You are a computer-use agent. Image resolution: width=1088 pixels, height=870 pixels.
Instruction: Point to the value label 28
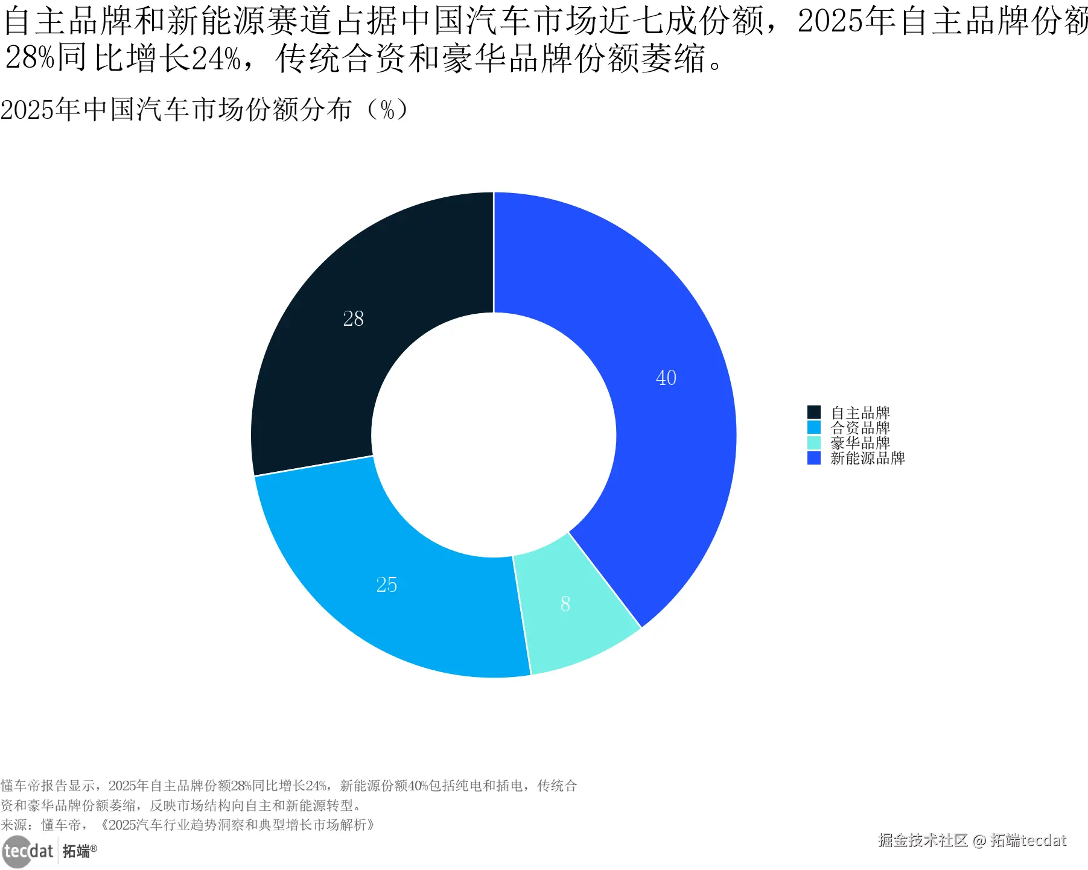[x=353, y=319]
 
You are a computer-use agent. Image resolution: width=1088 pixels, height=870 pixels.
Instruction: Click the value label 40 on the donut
[x=666, y=378]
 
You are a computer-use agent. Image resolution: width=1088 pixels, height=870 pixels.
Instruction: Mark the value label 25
[x=386, y=585]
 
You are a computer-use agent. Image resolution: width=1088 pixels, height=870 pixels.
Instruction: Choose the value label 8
[x=565, y=604]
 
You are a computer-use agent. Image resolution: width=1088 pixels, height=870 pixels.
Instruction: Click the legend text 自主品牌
[x=860, y=413]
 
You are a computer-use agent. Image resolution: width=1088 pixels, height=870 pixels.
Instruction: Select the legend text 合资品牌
[x=860, y=428]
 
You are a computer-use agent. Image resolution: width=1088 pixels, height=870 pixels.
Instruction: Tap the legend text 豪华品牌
[x=860, y=443]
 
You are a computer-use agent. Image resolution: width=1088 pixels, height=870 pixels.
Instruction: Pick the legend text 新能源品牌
[x=867, y=458]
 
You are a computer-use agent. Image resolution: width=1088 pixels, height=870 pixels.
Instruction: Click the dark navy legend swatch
[x=813, y=412]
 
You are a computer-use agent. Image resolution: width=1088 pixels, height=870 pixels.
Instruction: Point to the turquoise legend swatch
[x=813, y=443]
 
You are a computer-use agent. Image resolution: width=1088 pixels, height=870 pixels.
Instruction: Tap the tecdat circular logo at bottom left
[x=16, y=851]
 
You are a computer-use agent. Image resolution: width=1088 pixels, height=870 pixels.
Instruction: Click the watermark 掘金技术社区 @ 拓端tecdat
[x=972, y=840]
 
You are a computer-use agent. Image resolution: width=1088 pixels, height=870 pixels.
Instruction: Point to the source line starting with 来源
[x=187, y=825]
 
